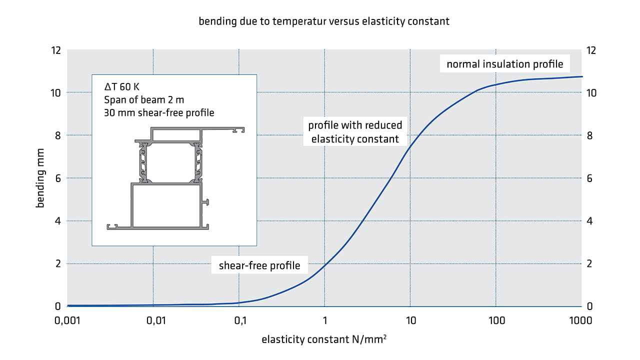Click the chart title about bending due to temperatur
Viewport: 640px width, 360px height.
click(x=324, y=21)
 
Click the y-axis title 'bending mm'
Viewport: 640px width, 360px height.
click(x=40, y=178)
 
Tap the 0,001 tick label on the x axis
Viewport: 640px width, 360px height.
click(x=67, y=320)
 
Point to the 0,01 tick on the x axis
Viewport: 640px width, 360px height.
click(x=152, y=320)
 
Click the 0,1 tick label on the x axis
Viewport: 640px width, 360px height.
click(x=239, y=320)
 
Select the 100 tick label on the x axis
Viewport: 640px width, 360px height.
click(x=495, y=320)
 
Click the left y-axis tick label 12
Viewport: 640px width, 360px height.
click(x=56, y=50)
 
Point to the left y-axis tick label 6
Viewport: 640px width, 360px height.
click(x=58, y=178)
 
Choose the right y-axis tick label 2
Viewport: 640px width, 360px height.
click(x=590, y=264)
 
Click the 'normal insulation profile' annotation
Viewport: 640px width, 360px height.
click(x=504, y=64)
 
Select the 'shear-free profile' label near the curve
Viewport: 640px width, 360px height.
click(x=259, y=265)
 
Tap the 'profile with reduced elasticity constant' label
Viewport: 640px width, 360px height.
click(x=355, y=132)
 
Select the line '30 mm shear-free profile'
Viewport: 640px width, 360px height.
click(x=159, y=112)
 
